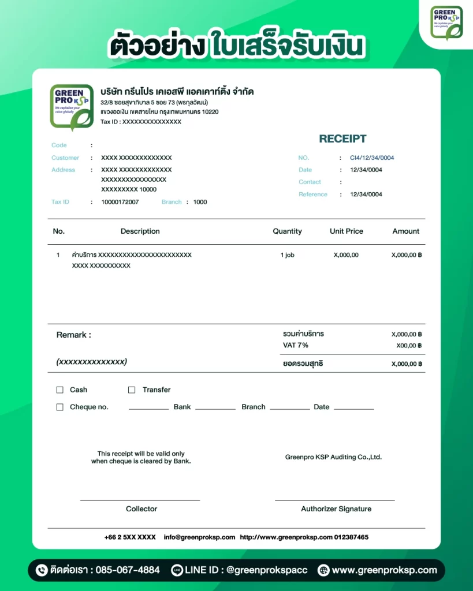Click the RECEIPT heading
pos(342,139)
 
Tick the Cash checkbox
pos(59,390)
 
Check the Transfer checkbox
pos(132,390)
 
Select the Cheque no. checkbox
pos(59,407)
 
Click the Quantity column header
pos(287,231)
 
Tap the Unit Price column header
pos(347,231)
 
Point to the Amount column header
pos(405,231)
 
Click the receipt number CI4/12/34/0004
pos(372,158)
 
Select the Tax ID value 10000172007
pos(120,202)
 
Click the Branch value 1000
pos(200,202)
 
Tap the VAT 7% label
pos(295,345)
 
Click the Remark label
pos(73,335)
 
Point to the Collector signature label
pos(141,509)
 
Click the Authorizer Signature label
pos(336,509)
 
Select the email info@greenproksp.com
pos(199,537)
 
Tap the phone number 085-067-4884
pos(127,570)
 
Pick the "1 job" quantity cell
pos(287,255)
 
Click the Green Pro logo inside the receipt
pos(71,107)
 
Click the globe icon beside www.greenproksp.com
pos(323,570)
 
